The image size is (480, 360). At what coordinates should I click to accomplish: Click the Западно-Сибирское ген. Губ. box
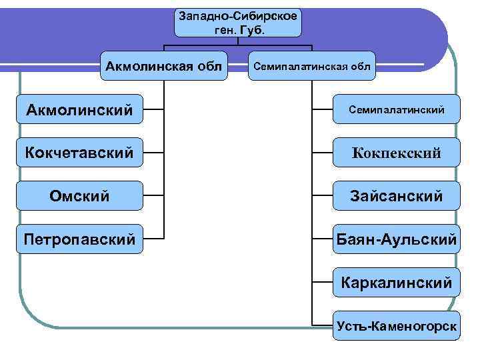pos(237,22)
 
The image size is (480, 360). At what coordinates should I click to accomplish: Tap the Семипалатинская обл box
pos(312,66)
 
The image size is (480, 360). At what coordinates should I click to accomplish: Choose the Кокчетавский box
pos(80,153)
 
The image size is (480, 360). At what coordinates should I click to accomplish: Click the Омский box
pos(80,196)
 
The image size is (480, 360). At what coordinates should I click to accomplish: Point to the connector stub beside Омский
pos(153,196)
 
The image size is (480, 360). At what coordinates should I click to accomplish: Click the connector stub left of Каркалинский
pos(323,282)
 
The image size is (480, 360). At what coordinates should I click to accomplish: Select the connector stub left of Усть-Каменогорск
pos(323,326)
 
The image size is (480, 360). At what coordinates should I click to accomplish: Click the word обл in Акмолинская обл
pos(209,66)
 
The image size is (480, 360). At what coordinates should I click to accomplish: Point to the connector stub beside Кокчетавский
pos(153,153)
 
